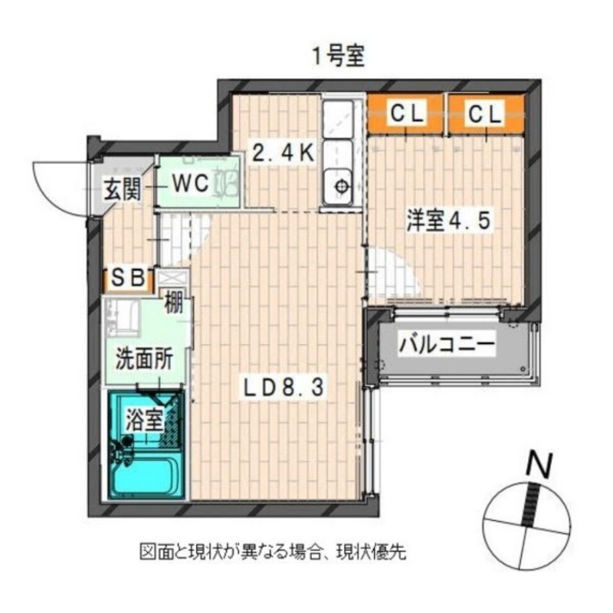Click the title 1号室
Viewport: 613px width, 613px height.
[338, 56]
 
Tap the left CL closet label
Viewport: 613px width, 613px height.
[407, 113]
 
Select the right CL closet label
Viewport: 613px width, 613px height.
[484, 114]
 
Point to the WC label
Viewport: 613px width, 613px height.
[191, 183]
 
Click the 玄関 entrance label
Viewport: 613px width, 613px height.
[122, 190]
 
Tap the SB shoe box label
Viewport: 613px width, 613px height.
[128, 278]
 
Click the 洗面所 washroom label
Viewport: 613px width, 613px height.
[144, 359]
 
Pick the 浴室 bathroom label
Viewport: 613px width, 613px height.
[144, 420]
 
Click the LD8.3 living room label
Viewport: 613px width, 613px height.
[284, 388]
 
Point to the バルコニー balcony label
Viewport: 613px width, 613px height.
[447, 346]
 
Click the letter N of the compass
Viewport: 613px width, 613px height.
[539, 465]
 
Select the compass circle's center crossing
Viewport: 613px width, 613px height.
[526, 526]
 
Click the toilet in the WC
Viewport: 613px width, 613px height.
[226, 182]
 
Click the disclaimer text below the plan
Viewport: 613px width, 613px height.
[273, 552]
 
